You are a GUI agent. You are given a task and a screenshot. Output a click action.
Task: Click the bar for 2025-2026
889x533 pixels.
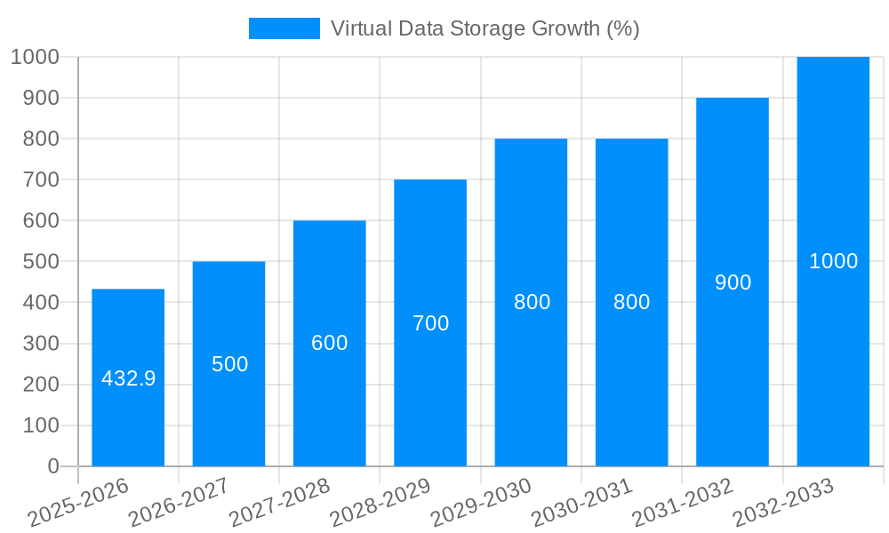(x=128, y=418)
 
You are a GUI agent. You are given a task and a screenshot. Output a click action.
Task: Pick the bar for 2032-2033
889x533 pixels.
(x=833, y=355)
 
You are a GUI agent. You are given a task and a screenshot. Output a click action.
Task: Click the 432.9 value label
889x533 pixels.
(x=128, y=378)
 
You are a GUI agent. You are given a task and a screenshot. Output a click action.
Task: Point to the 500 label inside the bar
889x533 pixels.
(x=229, y=364)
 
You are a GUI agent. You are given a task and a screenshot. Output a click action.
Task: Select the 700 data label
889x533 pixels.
(x=430, y=323)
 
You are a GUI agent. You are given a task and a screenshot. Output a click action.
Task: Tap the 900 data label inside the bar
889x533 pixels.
(x=733, y=282)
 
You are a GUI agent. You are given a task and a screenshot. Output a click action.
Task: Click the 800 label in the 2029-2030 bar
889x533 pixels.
(x=532, y=302)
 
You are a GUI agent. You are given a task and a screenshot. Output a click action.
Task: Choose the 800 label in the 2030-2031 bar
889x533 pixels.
(x=632, y=302)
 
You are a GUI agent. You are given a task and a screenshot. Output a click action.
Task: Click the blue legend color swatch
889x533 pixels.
(x=284, y=28)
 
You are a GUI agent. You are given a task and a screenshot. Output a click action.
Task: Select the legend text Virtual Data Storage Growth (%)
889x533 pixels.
(x=485, y=28)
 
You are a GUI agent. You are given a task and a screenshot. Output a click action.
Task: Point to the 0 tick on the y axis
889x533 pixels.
(x=52, y=466)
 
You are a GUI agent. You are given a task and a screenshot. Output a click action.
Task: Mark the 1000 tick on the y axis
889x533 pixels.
(x=35, y=57)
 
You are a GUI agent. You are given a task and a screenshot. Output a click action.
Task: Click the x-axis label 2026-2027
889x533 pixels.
(x=179, y=502)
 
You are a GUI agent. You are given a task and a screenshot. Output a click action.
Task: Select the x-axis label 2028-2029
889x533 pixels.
(x=380, y=502)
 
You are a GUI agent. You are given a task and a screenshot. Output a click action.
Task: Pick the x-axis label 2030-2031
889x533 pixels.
(x=581, y=502)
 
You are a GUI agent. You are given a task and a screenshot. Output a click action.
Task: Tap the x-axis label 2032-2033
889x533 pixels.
(x=783, y=502)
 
